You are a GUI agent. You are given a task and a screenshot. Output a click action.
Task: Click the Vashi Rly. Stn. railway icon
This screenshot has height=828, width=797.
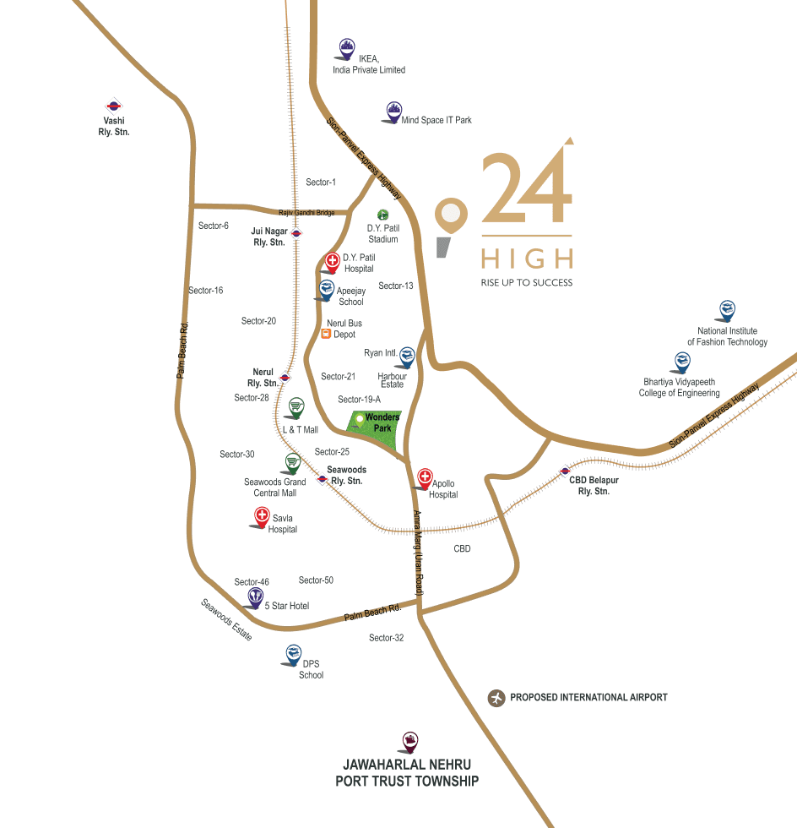(x=114, y=106)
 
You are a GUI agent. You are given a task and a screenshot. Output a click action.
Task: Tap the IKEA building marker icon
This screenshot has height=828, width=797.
(x=346, y=46)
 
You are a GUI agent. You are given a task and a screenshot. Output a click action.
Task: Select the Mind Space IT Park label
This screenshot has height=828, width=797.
(x=436, y=121)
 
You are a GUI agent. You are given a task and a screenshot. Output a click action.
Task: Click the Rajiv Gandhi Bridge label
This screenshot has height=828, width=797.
(x=306, y=212)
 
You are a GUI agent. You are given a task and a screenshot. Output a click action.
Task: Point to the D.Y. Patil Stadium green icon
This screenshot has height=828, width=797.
(x=382, y=215)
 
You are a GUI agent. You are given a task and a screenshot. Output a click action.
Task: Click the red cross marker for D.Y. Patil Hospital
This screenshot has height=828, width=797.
(x=333, y=262)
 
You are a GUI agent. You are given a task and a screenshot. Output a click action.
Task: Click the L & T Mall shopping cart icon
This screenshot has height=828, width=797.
(x=295, y=407)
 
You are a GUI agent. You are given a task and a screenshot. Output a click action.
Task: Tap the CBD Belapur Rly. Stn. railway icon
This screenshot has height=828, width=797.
(x=565, y=471)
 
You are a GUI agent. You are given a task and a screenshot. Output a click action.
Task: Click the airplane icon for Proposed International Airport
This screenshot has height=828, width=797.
(x=496, y=698)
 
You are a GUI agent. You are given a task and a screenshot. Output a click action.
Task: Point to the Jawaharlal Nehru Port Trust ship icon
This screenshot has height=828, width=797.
(x=410, y=742)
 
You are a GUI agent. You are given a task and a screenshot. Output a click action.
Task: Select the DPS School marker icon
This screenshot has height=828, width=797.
(x=293, y=653)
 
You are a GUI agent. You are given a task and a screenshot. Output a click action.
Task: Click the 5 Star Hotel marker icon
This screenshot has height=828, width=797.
(x=256, y=596)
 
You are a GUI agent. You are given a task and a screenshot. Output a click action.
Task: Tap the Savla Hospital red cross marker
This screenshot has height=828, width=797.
(x=262, y=516)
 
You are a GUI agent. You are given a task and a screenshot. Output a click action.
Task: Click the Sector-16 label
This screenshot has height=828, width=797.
(x=206, y=291)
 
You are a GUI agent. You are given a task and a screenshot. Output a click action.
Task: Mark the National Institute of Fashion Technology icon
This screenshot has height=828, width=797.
(x=727, y=310)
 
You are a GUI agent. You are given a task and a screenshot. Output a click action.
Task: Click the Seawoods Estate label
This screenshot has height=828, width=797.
(x=226, y=619)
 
